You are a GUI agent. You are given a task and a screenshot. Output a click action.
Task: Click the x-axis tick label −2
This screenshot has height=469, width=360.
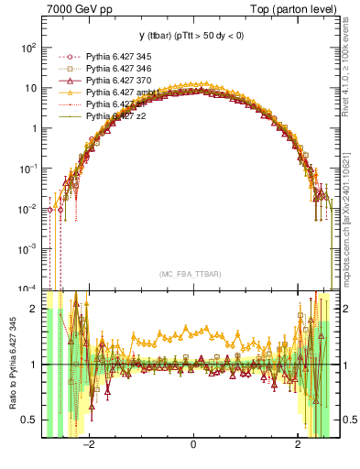click(x=89, y=443)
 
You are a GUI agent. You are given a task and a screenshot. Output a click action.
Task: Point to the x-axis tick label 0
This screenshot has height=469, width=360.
click(x=193, y=443)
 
